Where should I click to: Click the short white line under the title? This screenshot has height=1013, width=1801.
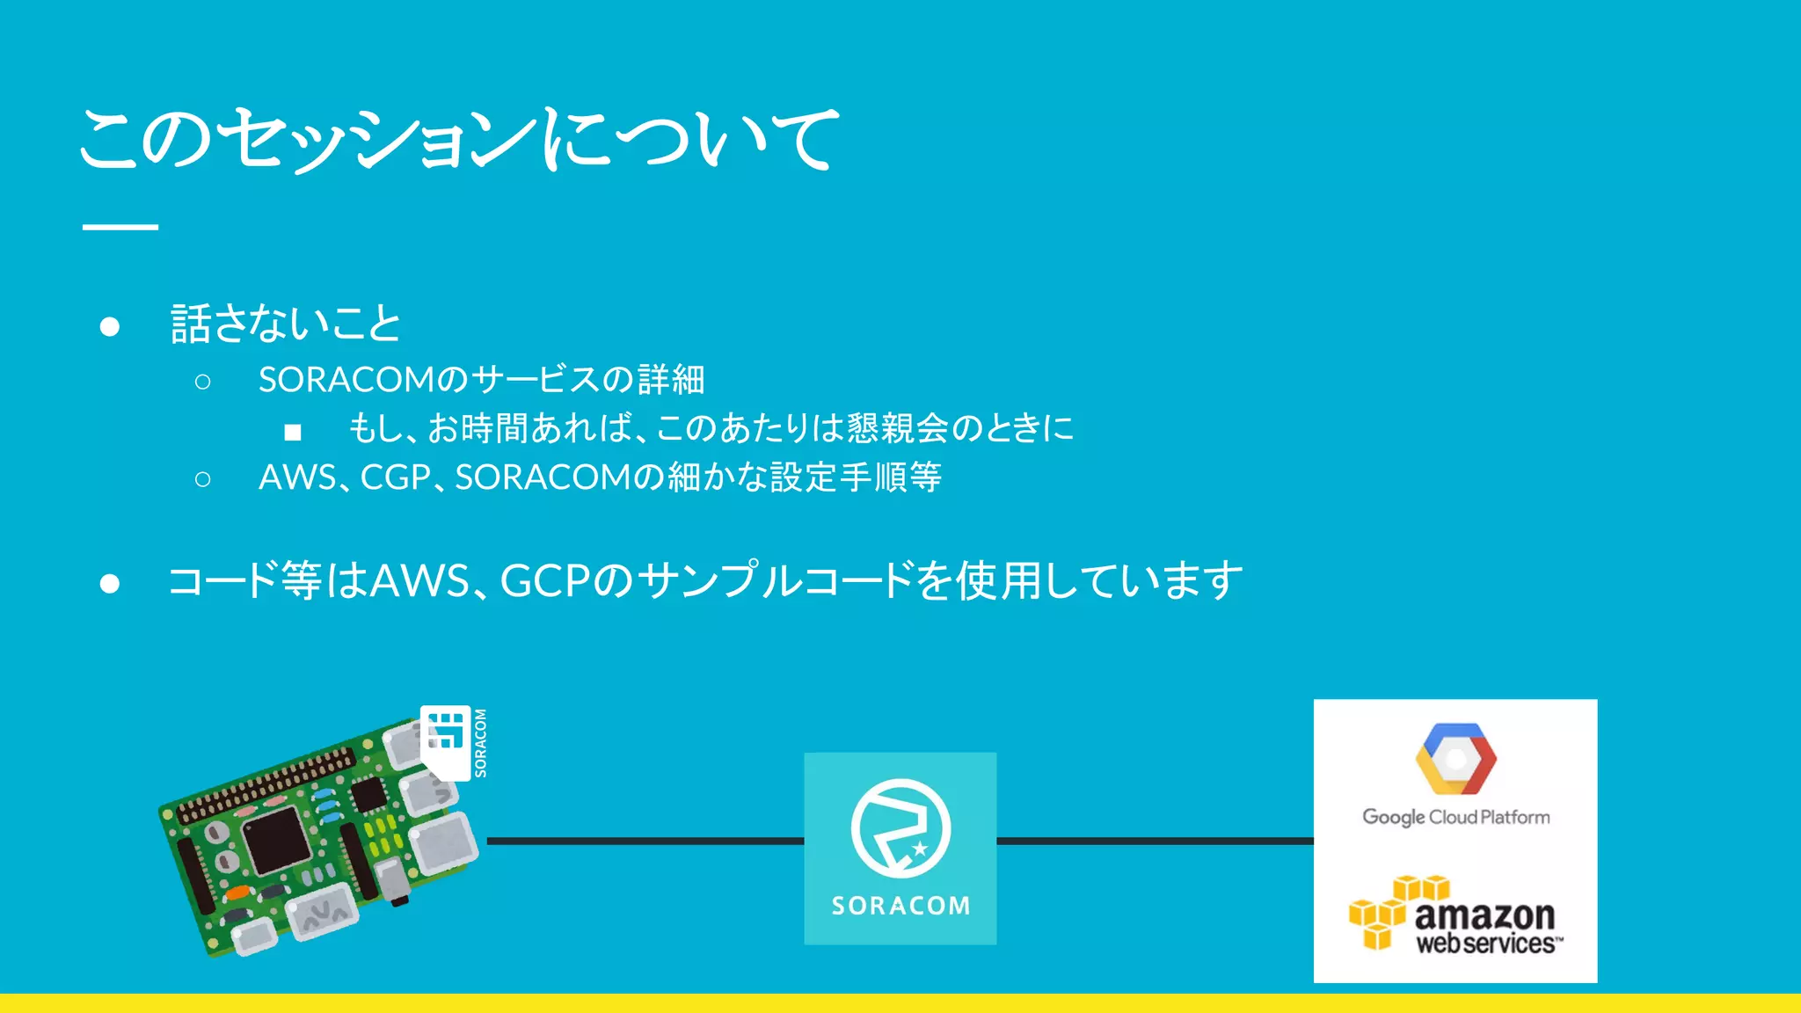pyautogui.click(x=120, y=227)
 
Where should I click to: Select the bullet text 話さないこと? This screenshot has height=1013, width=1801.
pyautogui.click(x=286, y=324)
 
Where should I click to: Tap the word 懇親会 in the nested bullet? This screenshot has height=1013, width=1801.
pyautogui.click(x=897, y=428)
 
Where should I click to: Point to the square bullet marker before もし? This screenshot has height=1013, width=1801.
pyautogui.click(x=293, y=432)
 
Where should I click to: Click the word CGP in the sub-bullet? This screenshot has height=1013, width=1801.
pyautogui.click(x=395, y=477)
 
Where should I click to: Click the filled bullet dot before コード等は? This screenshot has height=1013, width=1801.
pyautogui.click(x=110, y=583)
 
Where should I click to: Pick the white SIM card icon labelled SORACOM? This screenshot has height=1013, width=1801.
pyautogui.click(x=447, y=741)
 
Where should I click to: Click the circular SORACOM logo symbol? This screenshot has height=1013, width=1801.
pyautogui.click(x=900, y=828)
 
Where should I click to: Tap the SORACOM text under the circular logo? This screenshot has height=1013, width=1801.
pyautogui.click(x=900, y=906)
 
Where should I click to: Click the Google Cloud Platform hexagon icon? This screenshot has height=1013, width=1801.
pyautogui.click(x=1455, y=759)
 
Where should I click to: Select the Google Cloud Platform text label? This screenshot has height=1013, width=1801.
pyautogui.click(x=1455, y=817)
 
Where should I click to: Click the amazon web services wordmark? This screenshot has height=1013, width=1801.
pyautogui.click(x=1486, y=928)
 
